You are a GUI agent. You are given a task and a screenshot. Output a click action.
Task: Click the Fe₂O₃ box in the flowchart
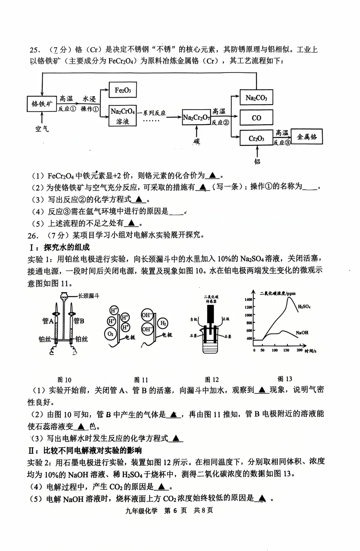[x=123, y=90]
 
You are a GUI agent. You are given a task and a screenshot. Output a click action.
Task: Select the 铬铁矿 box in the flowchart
[x=42, y=104]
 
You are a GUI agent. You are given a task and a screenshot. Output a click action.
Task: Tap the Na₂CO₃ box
[x=256, y=98]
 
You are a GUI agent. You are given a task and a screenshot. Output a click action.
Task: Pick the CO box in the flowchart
[x=256, y=118]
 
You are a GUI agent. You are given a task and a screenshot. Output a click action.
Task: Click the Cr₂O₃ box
[x=256, y=138]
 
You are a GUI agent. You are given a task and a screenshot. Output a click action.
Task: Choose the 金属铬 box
[x=307, y=137]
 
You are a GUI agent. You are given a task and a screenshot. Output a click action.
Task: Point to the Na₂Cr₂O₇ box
[x=196, y=117]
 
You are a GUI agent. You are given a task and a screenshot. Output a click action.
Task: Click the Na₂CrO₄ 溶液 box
[x=123, y=116]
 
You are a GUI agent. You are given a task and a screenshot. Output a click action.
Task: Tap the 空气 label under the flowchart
[x=42, y=129]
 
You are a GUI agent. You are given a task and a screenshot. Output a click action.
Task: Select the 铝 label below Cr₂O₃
[x=257, y=162]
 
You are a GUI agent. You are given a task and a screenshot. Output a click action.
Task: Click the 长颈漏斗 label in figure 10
[x=89, y=296]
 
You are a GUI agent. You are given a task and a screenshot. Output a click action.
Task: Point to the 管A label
[x=48, y=321]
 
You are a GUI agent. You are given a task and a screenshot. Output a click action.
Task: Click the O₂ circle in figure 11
[x=111, y=334]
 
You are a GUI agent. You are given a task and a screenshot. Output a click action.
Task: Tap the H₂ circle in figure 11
[x=163, y=323]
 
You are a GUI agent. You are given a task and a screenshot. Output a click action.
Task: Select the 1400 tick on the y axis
[x=249, y=299]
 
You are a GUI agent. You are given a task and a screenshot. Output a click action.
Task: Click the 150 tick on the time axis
[x=286, y=350]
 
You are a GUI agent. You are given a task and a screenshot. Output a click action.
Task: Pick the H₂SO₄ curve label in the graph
[x=304, y=306]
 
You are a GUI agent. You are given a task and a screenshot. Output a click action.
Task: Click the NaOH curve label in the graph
[x=302, y=332]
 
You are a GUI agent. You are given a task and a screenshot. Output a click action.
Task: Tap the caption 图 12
[x=212, y=379]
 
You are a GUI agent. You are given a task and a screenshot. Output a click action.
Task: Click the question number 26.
[x=33, y=236]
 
